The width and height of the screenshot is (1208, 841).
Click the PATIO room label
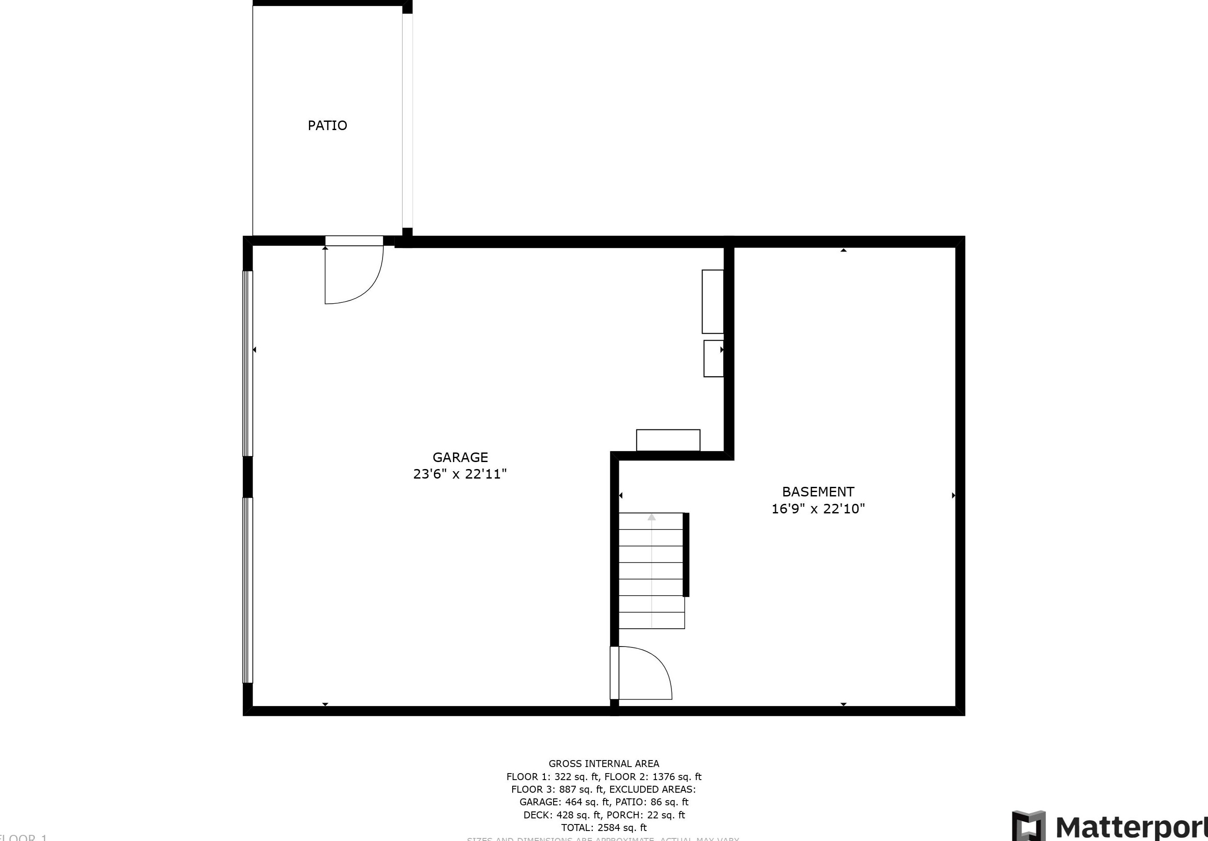pos(327,125)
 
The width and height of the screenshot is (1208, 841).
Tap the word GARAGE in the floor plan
pos(460,457)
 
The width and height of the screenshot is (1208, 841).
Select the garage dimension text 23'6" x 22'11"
pos(460,474)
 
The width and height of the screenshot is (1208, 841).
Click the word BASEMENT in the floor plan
pos(818,492)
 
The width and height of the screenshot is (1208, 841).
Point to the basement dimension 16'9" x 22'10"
pos(818,509)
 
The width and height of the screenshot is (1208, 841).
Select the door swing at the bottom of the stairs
pos(645,673)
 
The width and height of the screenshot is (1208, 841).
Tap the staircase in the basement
pos(651,571)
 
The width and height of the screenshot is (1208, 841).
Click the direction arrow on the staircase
pos(651,518)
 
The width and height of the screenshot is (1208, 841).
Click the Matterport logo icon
pos(1029,826)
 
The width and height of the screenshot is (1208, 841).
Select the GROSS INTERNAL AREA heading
pos(604,764)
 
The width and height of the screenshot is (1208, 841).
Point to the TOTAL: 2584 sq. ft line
pos(604,828)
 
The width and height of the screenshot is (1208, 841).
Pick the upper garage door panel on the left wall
pos(247,363)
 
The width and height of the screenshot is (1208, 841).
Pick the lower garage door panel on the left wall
pos(247,590)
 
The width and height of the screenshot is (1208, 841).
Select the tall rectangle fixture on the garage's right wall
pos(712,302)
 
